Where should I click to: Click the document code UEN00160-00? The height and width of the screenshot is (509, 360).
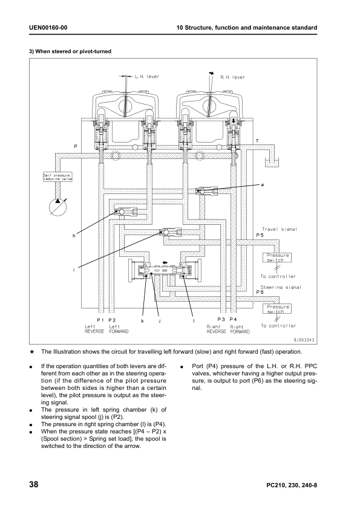pyautogui.click(x=48, y=28)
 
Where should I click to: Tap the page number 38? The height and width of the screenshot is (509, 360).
pyautogui.click(x=34, y=485)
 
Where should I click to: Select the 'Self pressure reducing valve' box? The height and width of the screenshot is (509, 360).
pyautogui.click(x=58, y=177)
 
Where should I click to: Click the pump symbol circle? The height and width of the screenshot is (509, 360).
pyautogui.click(x=57, y=207)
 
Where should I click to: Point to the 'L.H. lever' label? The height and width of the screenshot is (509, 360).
pyautogui.click(x=147, y=77)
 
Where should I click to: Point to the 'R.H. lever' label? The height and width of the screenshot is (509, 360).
pyautogui.click(x=232, y=77)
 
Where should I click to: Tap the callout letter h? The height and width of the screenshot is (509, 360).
pyautogui.click(x=74, y=236)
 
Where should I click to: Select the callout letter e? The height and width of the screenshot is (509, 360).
pyautogui.click(x=262, y=185)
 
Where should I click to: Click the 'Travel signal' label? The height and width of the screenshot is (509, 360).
pyautogui.click(x=280, y=229)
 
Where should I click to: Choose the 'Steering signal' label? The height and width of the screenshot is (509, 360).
pyautogui.click(x=281, y=287)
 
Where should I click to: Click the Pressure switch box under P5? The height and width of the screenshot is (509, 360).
pyautogui.click(x=277, y=258)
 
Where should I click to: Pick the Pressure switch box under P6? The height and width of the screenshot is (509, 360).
pyautogui.click(x=277, y=309)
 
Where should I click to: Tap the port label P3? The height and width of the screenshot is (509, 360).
pyautogui.click(x=221, y=319)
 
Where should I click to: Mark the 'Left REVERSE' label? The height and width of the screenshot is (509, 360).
pyautogui.click(x=94, y=329)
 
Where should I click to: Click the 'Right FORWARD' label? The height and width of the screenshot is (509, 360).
pyautogui.click(x=240, y=329)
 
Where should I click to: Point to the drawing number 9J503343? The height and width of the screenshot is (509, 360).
pyautogui.click(x=304, y=340)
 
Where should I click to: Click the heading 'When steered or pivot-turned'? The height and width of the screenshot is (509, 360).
pyautogui.click(x=70, y=51)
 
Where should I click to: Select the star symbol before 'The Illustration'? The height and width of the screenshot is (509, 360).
pyautogui.click(x=31, y=352)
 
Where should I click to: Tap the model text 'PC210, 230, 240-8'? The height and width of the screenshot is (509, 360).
pyautogui.click(x=292, y=485)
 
